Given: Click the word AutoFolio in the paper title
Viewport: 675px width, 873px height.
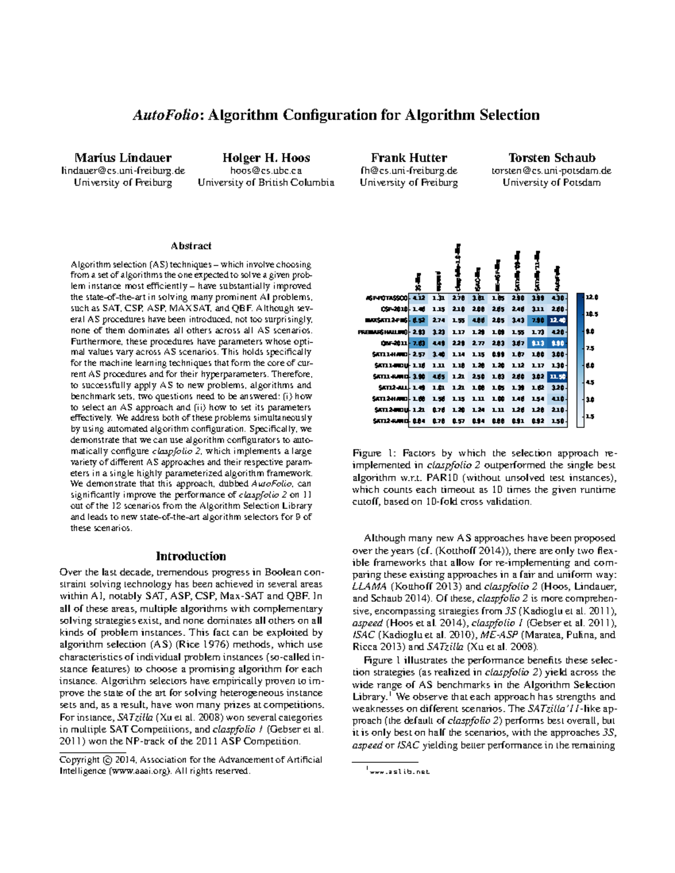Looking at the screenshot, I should (166, 115).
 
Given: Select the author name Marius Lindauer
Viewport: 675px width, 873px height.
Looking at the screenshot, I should (123, 158).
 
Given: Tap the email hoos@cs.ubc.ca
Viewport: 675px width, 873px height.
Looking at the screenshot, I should (265, 170).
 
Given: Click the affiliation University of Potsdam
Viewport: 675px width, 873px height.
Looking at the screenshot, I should (551, 183).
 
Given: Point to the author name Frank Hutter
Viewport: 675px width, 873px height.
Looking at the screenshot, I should (408, 158).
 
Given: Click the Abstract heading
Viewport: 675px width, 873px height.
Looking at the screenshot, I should (191, 246).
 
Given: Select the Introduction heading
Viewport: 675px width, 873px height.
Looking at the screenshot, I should (191, 556).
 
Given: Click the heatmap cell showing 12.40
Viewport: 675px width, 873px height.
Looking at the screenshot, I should (557, 320).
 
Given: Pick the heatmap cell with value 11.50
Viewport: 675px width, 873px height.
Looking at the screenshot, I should (557, 376).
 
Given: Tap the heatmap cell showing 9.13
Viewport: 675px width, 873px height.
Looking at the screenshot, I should (538, 342).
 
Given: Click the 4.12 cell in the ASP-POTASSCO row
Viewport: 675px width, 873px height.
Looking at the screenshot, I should (418, 297).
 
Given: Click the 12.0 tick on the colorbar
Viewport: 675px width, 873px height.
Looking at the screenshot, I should (592, 297).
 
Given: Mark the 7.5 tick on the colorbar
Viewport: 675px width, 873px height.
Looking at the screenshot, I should (591, 349).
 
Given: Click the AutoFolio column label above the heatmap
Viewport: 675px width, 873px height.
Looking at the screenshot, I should (557, 277).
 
